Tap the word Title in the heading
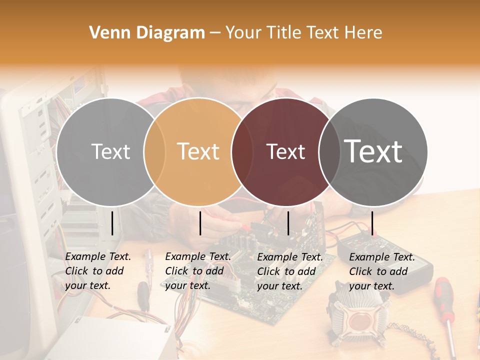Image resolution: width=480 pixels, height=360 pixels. click(283, 33)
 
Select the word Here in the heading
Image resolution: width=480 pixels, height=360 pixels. click(364, 33)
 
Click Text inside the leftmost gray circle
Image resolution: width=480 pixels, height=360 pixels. click(110, 151)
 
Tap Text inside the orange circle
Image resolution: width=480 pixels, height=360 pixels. click(198, 151)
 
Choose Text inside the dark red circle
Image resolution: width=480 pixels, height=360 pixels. click(286, 151)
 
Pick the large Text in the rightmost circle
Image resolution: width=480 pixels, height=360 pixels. click(373, 151)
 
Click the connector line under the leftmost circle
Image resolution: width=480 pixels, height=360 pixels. click(112, 223)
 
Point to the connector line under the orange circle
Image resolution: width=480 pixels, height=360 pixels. click(200, 223)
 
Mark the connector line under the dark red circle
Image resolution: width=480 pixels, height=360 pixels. click(288, 223)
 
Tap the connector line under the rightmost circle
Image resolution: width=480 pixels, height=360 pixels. click(372, 223)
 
